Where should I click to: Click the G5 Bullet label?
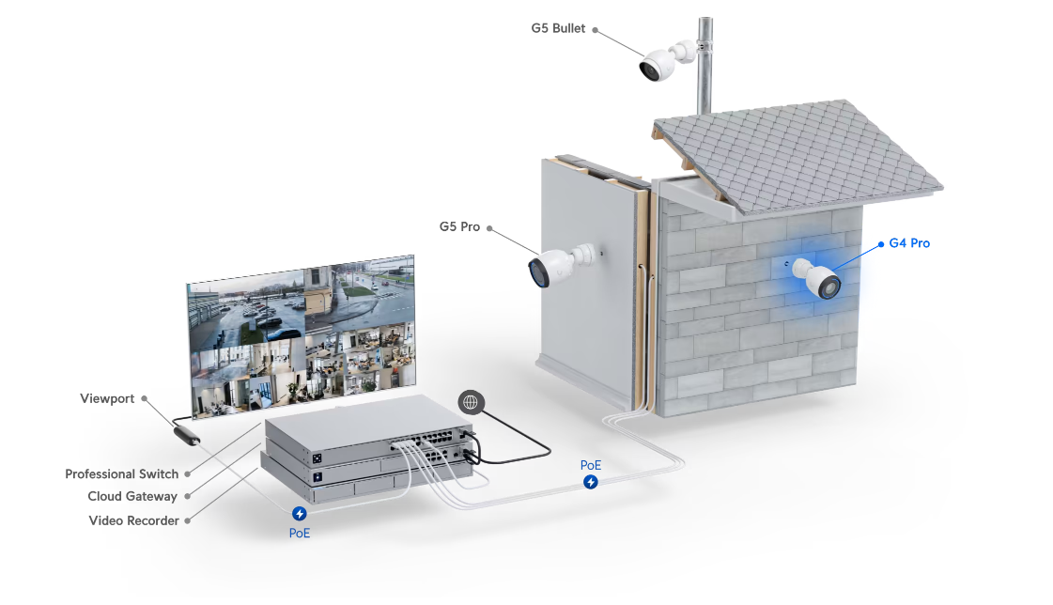(x=558, y=28)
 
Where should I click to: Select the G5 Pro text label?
(x=459, y=226)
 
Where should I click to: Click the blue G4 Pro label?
(x=908, y=243)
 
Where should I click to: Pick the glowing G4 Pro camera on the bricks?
(x=816, y=278)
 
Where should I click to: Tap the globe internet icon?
(x=472, y=402)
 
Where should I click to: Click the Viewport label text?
(x=107, y=398)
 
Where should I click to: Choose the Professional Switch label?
(x=121, y=473)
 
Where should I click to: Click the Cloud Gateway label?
(x=132, y=496)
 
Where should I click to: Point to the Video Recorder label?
(x=133, y=520)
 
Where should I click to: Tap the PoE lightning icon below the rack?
(x=300, y=514)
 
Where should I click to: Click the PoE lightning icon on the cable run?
(x=590, y=482)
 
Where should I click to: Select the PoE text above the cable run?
(x=590, y=465)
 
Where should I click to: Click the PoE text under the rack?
(x=299, y=532)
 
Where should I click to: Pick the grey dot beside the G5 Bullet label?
(x=595, y=29)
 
